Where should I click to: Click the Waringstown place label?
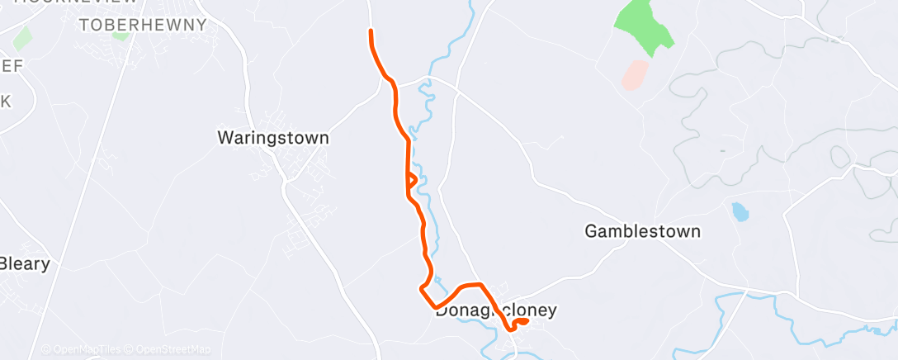272,138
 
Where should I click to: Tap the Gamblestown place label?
642,231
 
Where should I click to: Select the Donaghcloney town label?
496,311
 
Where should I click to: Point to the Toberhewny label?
143,26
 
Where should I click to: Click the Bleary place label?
25,265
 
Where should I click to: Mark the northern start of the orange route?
371,31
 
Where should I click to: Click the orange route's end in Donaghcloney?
527,320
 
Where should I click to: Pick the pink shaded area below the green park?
635,75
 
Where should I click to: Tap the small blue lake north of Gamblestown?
740,212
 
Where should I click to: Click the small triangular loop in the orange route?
410,179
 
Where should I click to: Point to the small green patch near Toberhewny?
121,35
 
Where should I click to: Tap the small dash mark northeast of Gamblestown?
722,151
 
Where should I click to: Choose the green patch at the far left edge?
21,38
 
